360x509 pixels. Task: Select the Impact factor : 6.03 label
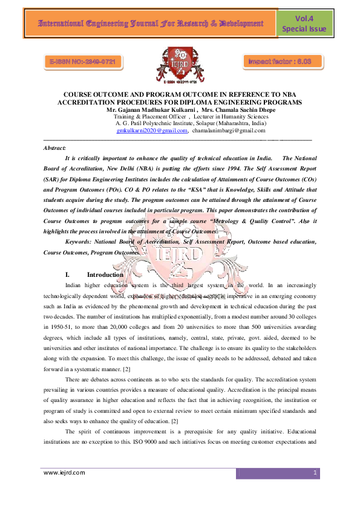pos(280,61)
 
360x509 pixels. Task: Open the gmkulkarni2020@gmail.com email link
pos(152,131)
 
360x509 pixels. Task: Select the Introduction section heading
pos(105,274)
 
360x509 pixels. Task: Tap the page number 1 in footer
pos(315,473)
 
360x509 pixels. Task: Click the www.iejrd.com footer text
pos(64,473)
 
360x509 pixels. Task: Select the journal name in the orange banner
pos(143,24)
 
